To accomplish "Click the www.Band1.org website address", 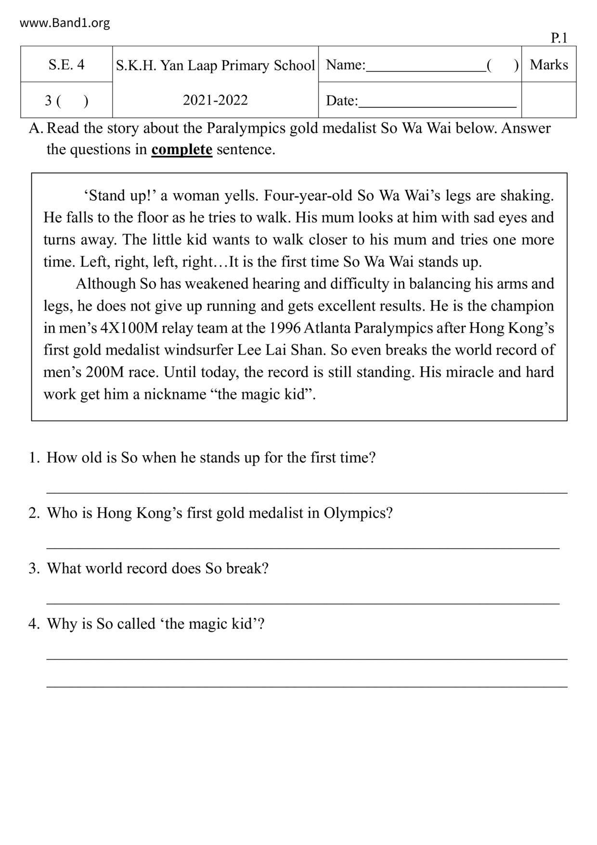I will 65,23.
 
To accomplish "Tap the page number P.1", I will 559,38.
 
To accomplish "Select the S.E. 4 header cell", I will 66,65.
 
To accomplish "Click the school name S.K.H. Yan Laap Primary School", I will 215,65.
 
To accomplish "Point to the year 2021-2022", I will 215,100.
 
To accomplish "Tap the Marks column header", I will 549,65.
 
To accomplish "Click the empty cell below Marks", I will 549,100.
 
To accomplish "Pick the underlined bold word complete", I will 182,149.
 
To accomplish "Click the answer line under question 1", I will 307,492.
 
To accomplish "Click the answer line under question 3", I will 303,603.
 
